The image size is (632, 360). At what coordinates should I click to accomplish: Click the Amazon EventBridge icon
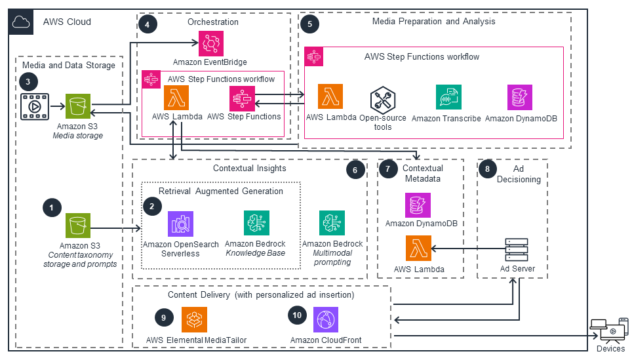click(x=211, y=43)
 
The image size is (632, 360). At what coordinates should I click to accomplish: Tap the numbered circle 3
click(x=28, y=82)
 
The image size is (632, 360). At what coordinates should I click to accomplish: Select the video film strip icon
click(x=35, y=106)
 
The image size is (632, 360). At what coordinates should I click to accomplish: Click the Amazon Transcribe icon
click(x=448, y=97)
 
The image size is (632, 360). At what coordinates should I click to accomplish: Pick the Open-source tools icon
click(x=382, y=100)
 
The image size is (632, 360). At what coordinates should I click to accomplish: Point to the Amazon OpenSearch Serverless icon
click(x=180, y=224)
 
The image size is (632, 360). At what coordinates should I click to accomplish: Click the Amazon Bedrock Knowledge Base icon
click(x=256, y=223)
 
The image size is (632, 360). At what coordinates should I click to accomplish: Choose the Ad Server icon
click(x=517, y=250)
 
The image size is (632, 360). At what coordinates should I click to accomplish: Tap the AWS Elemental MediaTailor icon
click(x=194, y=320)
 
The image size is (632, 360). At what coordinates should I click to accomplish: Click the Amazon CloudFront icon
click(x=326, y=320)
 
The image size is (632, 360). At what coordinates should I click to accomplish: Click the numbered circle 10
click(x=297, y=315)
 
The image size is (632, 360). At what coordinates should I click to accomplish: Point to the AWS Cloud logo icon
click(x=21, y=22)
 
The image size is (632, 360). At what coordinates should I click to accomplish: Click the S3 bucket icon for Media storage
click(x=78, y=106)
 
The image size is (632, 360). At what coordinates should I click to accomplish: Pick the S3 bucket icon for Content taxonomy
click(x=78, y=226)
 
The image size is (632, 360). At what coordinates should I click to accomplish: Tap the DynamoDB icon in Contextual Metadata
click(x=418, y=205)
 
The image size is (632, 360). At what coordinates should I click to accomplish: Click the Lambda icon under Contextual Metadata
click(x=418, y=249)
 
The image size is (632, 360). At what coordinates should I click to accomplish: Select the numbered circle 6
click(x=355, y=170)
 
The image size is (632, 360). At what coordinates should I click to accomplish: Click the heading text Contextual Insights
click(x=250, y=168)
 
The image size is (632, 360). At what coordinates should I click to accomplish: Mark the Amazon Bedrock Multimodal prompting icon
click(x=332, y=223)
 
